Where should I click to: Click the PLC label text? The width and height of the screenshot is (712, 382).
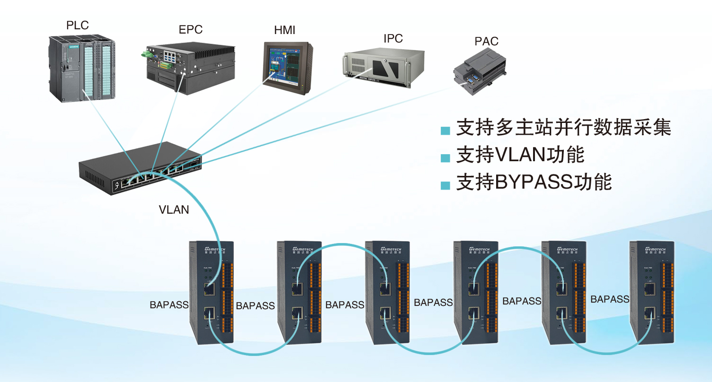pos(78,26)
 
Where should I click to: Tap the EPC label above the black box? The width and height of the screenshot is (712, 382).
pos(190,30)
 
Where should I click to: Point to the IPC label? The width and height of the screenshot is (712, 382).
pos(393,39)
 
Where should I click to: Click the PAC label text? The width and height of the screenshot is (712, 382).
pos(487,42)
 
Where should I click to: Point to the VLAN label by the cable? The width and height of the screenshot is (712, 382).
pos(174,209)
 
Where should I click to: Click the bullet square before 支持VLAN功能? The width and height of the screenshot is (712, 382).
pos(445,157)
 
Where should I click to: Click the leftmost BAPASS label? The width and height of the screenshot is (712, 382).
pos(169,305)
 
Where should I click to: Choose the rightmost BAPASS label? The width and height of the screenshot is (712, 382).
pos(610,299)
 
